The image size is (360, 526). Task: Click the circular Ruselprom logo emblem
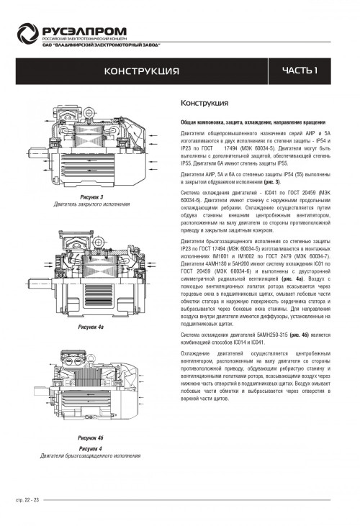point(28,33)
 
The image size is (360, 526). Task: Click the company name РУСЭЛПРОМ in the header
point(84,31)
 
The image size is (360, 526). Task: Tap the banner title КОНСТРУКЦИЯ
point(142,71)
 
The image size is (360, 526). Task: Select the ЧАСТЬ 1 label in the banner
point(300,71)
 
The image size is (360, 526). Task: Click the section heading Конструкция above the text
point(204,103)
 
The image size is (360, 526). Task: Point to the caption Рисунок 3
point(91,197)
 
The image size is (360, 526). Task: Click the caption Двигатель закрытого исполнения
point(91,204)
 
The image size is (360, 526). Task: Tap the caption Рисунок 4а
point(91,327)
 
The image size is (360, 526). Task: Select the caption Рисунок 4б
point(91,437)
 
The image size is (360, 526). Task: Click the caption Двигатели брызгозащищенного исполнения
point(91,456)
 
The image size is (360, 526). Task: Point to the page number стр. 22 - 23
point(27,500)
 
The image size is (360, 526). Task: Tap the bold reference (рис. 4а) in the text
point(292,278)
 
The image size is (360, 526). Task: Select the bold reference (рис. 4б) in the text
point(299,335)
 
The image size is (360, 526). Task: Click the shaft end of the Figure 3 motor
point(37,153)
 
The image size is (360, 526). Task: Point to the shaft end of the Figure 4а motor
point(40,283)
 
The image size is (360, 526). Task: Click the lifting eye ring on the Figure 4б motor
point(91,358)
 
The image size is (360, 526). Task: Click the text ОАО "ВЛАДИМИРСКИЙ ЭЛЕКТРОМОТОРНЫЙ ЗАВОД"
point(101,45)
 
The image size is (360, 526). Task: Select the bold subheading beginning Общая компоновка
point(253,122)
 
